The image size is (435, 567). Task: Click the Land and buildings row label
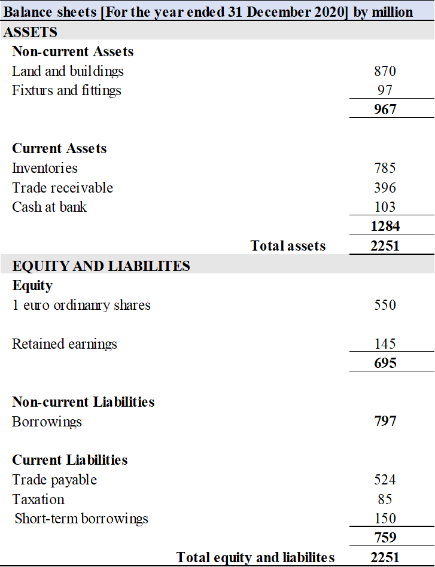[68, 71]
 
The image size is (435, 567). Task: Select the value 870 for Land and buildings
[385, 71]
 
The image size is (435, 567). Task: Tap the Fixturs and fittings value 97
[385, 90]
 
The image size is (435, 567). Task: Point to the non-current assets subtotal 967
[385, 109]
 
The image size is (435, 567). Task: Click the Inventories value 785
[385, 168]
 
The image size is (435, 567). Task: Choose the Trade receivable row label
[62, 188]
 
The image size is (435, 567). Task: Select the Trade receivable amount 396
[385, 188]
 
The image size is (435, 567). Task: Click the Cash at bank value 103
[385, 207]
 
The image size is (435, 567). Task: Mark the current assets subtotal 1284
[385, 226]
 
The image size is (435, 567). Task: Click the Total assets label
[288, 246]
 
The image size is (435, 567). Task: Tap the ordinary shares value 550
[385, 305]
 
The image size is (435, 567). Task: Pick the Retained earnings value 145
[385, 344]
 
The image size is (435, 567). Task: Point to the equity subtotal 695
[385, 363]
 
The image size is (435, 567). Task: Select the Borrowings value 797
[385, 421]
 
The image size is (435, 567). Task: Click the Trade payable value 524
[385, 480]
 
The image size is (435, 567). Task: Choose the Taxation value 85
[385, 499]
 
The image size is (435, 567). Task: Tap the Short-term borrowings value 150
[385, 519]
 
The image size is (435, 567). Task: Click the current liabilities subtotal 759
[385, 538]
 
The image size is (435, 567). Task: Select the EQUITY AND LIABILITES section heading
[101, 266]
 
